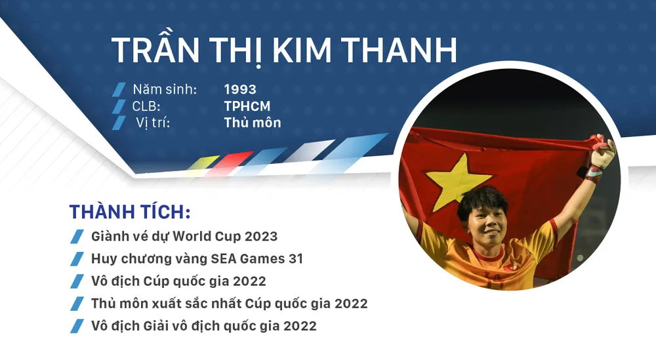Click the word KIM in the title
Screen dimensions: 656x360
(302, 50)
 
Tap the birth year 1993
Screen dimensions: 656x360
(240, 89)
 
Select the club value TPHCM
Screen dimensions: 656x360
(247, 106)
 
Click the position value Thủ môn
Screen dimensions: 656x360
(253, 123)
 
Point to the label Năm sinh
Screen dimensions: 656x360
(165, 89)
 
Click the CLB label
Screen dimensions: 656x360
(146, 106)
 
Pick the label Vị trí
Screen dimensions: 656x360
(153, 123)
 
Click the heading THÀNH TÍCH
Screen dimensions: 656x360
(130, 212)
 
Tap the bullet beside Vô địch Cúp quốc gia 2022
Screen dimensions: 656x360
(77, 281)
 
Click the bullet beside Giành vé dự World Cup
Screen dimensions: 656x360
(77, 237)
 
